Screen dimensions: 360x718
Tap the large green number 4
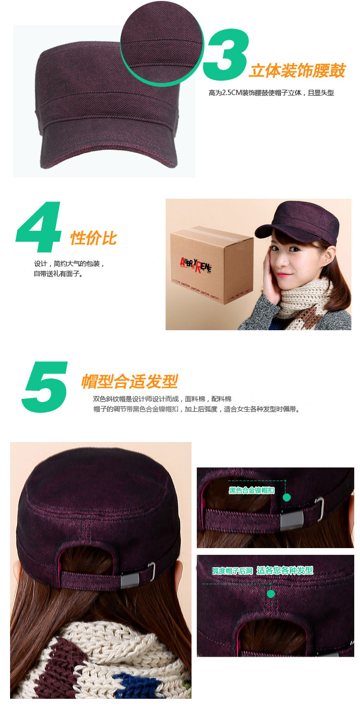pos(38,227)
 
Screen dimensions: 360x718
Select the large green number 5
pos(45,386)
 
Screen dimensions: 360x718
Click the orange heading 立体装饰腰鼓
pos(297,71)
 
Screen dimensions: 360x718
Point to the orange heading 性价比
pos(93,238)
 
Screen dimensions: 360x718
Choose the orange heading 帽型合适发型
pos(130,381)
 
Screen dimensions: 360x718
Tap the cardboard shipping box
pos(211,265)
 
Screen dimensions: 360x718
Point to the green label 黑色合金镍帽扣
pos(252,490)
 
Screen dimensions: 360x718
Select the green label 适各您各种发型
pos(285,570)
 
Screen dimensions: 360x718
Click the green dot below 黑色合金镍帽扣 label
pos(287,497)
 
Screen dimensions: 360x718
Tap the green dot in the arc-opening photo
pos(271,594)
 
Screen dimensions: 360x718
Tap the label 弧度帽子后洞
pos(232,571)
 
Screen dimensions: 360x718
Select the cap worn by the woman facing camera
pos(297,222)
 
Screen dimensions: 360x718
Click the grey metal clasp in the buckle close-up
pos(292,520)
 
